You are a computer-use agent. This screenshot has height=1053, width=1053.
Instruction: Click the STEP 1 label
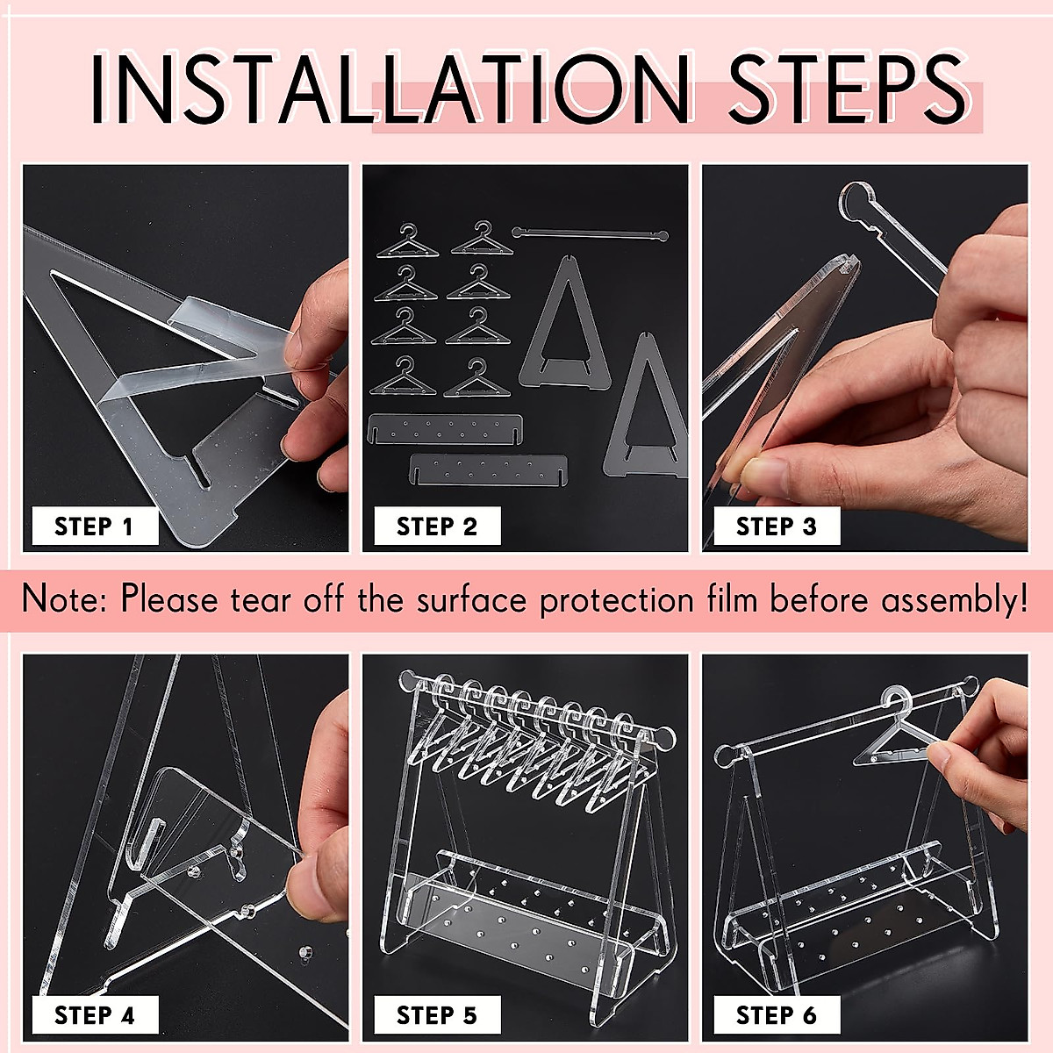(x=95, y=526)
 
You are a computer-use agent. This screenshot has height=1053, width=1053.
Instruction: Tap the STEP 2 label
(x=437, y=526)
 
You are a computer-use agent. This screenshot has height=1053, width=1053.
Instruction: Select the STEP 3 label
(x=777, y=526)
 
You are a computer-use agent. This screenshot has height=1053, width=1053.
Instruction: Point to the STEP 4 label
(x=95, y=1015)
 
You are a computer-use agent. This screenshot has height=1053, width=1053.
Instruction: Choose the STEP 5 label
(x=437, y=1015)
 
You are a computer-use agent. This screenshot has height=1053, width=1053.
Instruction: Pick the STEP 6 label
(x=777, y=1015)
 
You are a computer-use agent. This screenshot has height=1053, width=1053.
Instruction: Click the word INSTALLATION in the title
(x=390, y=89)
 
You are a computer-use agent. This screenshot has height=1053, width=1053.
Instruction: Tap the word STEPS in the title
(x=848, y=89)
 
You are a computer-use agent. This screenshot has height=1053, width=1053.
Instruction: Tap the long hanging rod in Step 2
(x=591, y=234)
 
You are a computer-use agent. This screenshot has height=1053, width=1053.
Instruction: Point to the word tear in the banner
(x=261, y=600)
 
